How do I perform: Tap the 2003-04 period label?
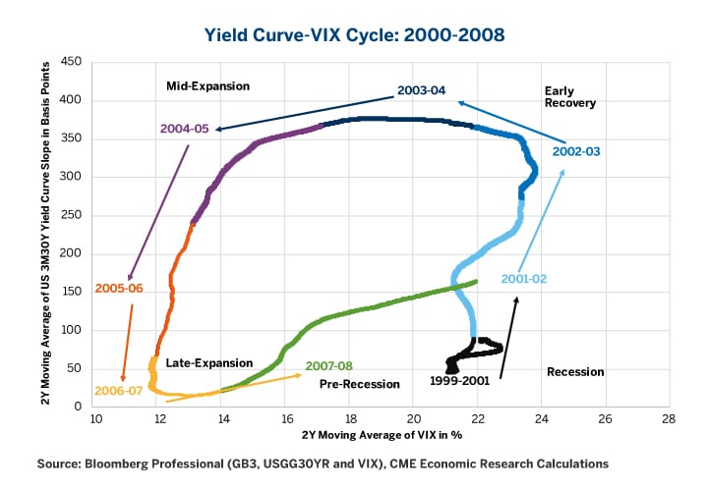pyautogui.click(x=422, y=90)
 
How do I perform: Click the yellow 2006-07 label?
pyautogui.click(x=119, y=390)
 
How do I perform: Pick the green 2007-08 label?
pyautogui.click(x=328, y=365)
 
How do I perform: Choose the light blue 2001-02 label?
pyautogui.click(x=523, y=279)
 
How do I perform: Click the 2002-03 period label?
pyautogui.click(x=576, y=152)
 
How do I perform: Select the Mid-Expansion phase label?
pyautogui.click(x=208, y=86)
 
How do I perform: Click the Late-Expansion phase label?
pyautogui.click(x=209, y=363)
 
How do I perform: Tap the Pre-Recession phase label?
pyautogui.click(x=360, y=384)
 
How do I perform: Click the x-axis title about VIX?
pyautogui.click(x=382, y=435)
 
